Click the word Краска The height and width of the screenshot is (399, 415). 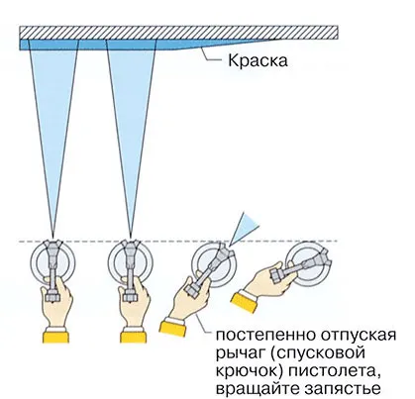(x=258, y=60)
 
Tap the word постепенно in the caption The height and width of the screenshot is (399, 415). (x=265, y=335)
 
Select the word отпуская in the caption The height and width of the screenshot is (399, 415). (x=358, y=335)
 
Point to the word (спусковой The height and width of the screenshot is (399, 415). (x=317, y=352)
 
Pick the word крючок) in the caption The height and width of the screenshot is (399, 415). (x=250, y=371)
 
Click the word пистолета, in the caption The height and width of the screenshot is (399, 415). (x=334, y=371)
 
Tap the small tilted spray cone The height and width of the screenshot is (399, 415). (x=245, y=228)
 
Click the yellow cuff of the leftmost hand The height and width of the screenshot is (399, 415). (x=55, y=337)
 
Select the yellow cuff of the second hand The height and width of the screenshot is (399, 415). (x=134, y=337)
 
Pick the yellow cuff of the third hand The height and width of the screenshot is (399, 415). (x=172, y=328)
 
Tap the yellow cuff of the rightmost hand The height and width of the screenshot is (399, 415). (x=244, y=303)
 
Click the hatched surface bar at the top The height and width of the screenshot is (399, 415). (x=178, y=33)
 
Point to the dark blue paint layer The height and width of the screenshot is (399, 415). (x=132, y=45)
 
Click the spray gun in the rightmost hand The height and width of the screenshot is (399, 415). (x=300, y=266)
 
